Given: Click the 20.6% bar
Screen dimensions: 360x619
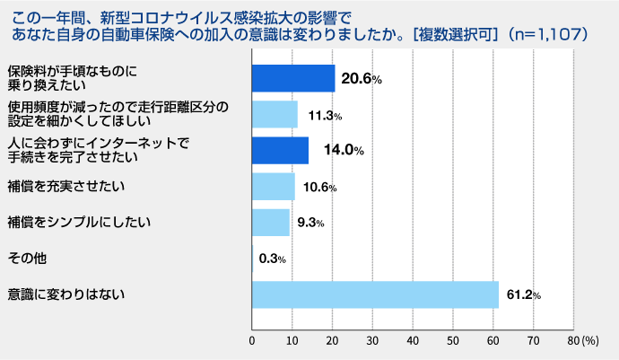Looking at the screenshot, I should (x=293, y=79).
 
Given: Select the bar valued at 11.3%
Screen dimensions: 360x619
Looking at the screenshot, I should (x=275, y=115).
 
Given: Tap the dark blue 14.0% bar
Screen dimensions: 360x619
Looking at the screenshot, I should (x=280, y=151).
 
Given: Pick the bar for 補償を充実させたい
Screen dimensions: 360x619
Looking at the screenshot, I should (x=273, y=187).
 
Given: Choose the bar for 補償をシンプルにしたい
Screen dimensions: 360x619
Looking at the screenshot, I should (x=271, y=223).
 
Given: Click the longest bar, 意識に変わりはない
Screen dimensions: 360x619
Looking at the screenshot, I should (x=375, y=294).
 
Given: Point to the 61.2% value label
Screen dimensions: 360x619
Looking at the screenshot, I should (x=524, y=295).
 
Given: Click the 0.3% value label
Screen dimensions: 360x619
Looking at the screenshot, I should (x=272, y=259).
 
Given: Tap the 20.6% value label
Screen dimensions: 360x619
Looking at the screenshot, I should (x=364, y=79).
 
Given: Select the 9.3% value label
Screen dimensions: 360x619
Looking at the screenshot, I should (x=310, y=223).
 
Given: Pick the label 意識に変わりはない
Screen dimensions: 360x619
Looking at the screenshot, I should (x=65, y=294).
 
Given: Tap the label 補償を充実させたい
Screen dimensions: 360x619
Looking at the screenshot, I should (x=65, y=187).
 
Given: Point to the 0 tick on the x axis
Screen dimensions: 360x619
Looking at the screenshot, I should (x=252, y=341).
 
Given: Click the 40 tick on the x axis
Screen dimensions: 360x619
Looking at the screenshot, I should (x=413, y=341).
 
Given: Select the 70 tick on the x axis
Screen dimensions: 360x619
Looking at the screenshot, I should (x=534, y=341).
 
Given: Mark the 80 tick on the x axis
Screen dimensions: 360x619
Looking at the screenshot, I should (x=573, y=341).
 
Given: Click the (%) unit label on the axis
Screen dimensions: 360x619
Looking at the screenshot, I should (x=590, y=341).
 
